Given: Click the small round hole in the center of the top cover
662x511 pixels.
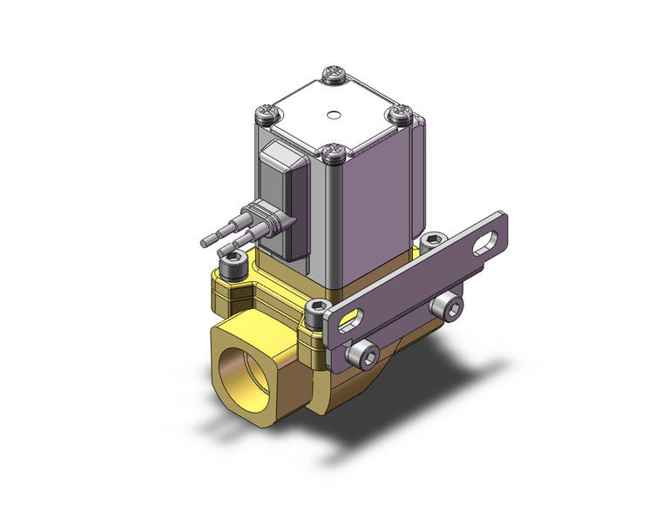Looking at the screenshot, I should [333, 114].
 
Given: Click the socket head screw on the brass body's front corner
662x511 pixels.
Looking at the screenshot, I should [318, 309].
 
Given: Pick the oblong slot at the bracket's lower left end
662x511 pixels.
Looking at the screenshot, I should [346, 321].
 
